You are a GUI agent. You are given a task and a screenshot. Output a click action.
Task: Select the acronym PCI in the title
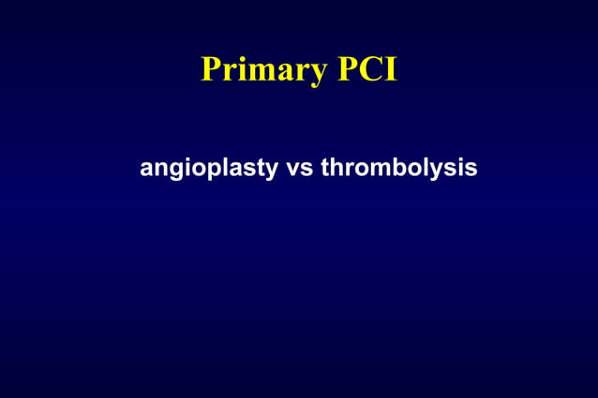365,70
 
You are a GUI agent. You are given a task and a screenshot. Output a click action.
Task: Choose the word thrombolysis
398,169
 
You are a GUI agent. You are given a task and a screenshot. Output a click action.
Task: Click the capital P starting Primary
210,70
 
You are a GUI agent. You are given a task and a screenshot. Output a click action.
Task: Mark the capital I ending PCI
389,70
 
